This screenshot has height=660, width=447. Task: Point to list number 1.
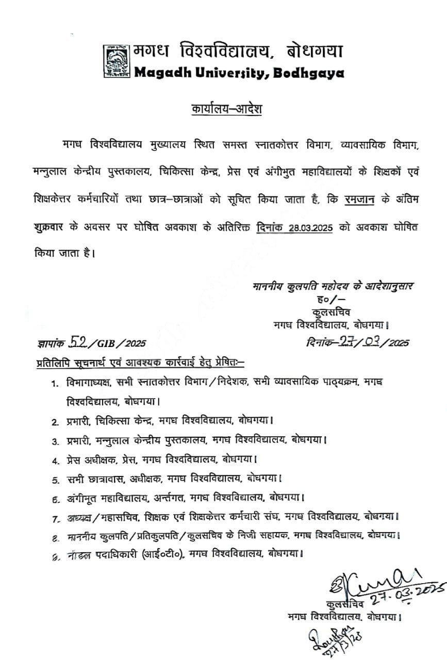(54, 383)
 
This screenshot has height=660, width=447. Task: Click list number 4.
(54, 458)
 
